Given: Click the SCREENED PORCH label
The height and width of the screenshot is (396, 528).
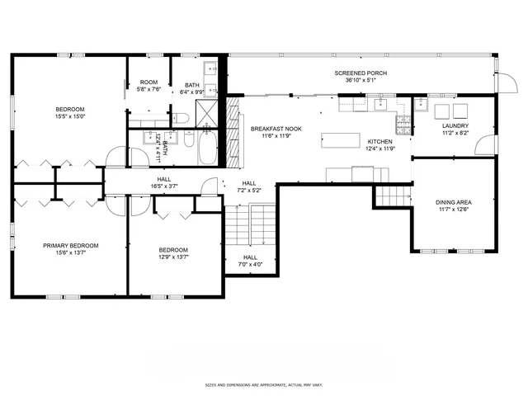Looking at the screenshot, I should coord(361,73).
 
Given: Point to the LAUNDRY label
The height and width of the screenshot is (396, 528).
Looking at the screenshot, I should coord(455,125).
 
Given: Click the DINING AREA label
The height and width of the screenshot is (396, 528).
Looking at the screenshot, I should coord(453,202).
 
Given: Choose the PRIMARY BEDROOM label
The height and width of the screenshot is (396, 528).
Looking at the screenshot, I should coord(71,245).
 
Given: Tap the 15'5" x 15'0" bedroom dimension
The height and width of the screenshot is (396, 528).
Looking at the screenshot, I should coord(71,115).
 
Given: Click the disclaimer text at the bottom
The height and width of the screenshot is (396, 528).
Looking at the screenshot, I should coord(263,384).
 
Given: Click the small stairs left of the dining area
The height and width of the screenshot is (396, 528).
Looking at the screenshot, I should coord(393,196).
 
